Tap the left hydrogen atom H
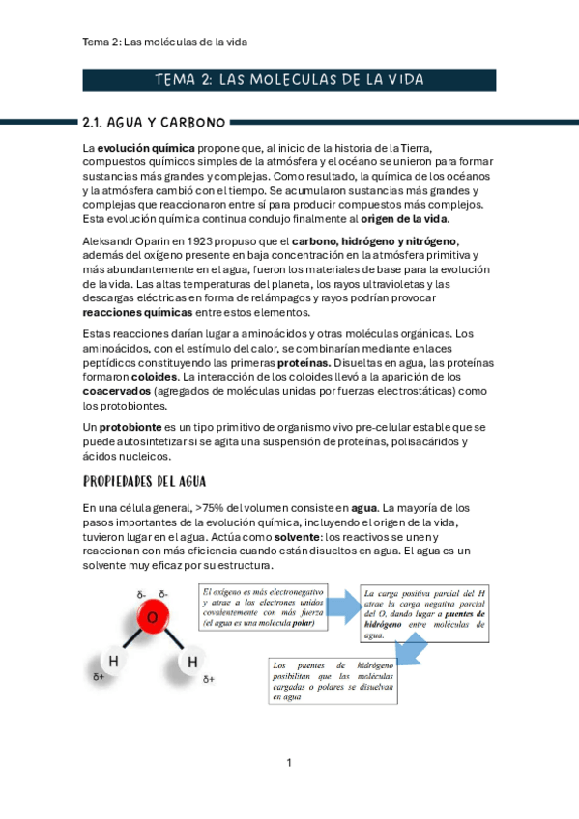pyautogui.click(x=114, y=662)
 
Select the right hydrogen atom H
pyautogui.click(x=191, y=662)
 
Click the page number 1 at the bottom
pyautogui.click(x=289, y=764)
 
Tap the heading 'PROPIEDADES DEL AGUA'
pyautogui.click(x=144, y=481)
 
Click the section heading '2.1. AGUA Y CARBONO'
pyautogui.click(x=155, y=123)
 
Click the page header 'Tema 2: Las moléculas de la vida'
pyautogui.click(x=171, y=42)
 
